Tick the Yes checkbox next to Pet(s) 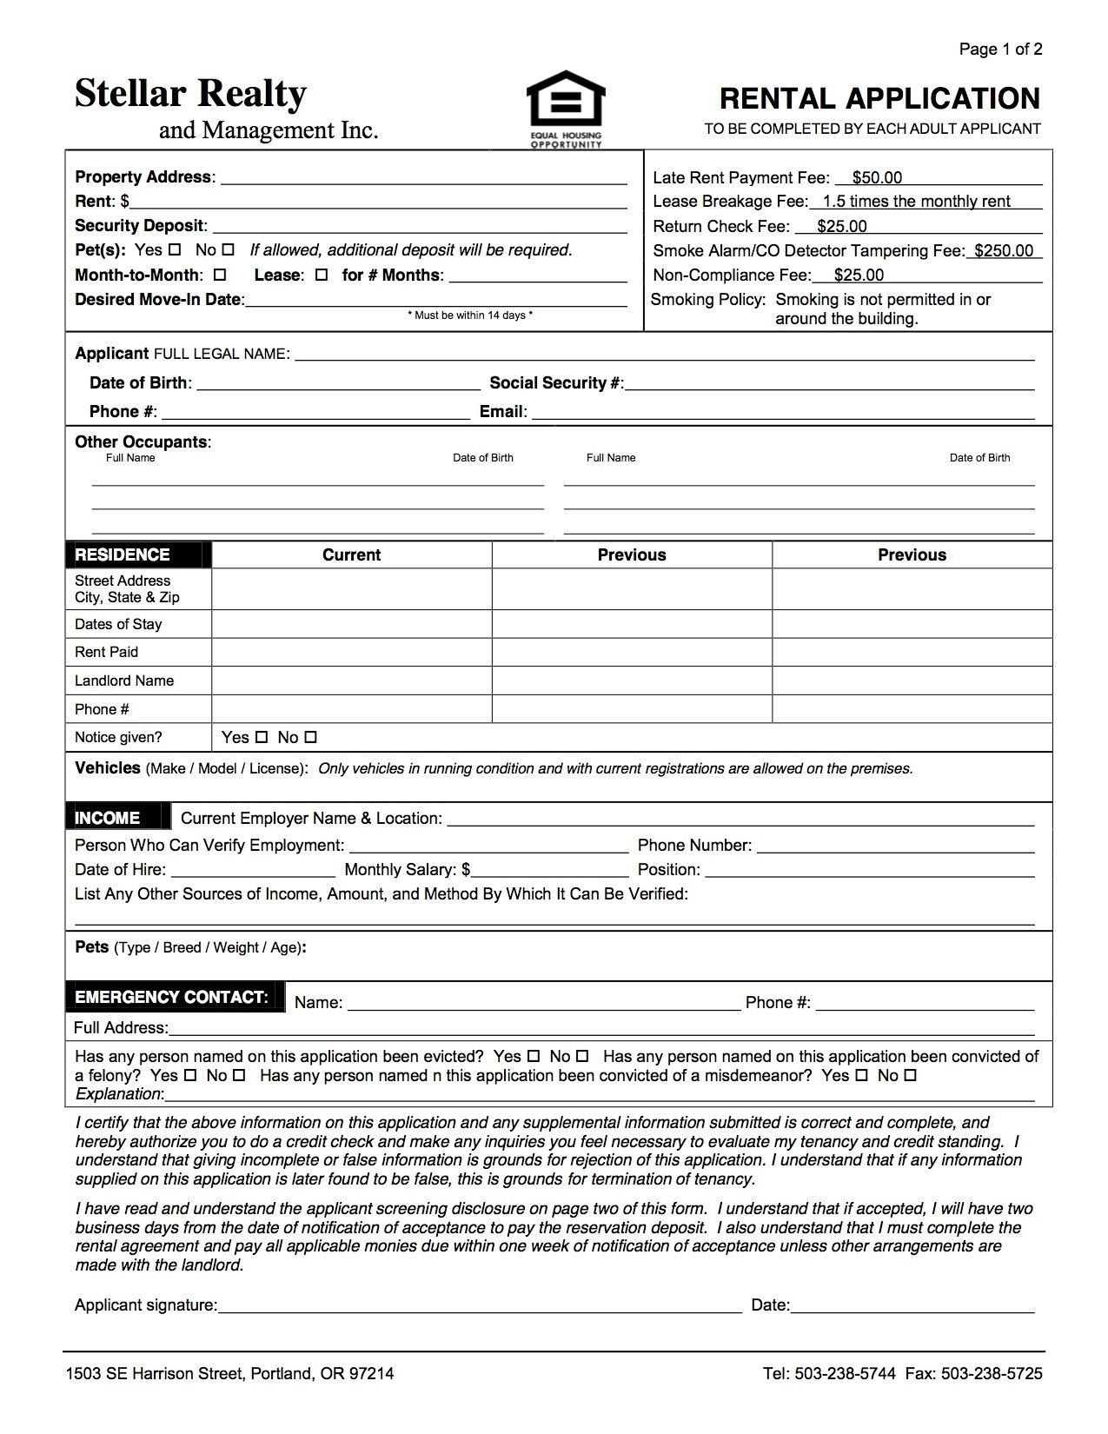[x=175, y=249]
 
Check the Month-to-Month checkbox [x=220, y=275]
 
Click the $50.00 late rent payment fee [x=877, y=178]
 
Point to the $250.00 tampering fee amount [x=1004, y=251]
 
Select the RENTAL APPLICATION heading [x=879, y=98]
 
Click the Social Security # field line [x=829, y=383]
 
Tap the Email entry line [x=782, y=412]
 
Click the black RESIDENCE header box [x=138, y=554]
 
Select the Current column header [x=351, y=554]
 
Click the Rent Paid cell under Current [x=351, y=652]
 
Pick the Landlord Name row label [x=124, y=680]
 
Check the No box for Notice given [x=311, y=737]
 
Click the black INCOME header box [x=114, y=818]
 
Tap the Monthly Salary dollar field [x=549, y=869]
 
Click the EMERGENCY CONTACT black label [x=174, y=998]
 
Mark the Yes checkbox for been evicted [x=534, y=1057]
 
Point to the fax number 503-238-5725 [x=992, y=1374]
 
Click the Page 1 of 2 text [x=1000, y=50]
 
